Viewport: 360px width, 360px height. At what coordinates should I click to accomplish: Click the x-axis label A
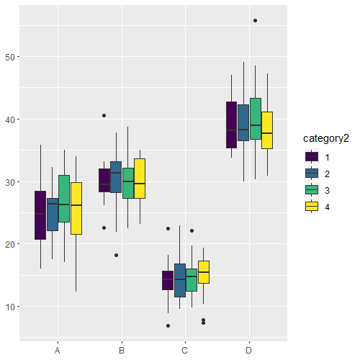pos(57,351)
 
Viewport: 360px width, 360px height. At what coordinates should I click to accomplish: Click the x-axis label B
pos(121,351)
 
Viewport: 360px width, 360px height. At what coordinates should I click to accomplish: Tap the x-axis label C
pos(185,351)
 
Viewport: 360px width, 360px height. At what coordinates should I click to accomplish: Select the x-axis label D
pos(249,351)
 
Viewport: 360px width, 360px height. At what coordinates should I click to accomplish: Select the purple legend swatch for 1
pos(312,156)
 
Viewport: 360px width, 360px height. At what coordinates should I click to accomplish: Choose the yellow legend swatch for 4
pos(312,206)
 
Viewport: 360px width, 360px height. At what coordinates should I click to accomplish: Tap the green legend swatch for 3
pos(312,189)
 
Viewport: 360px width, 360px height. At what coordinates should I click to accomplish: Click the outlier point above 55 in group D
pos(256,20)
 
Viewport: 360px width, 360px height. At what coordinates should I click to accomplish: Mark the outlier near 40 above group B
pos(104,115)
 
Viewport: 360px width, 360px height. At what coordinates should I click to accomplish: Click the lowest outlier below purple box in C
pos(168,325)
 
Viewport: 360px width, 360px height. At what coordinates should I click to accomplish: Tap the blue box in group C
pos(180,280)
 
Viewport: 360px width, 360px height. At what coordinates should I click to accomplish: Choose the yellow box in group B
pos(140,178)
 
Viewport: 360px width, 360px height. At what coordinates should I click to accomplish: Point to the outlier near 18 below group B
pos(116,255)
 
